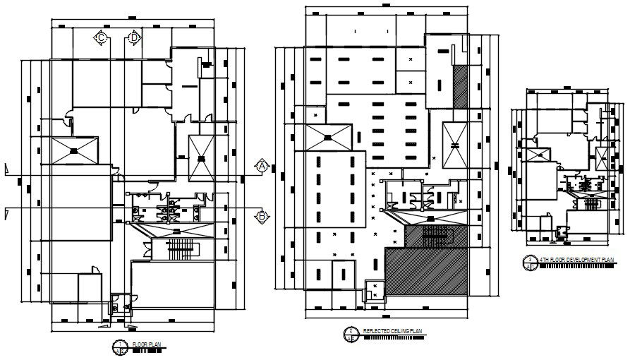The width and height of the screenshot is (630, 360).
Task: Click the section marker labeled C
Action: [101, 37]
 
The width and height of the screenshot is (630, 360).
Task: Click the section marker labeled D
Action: [133, 37]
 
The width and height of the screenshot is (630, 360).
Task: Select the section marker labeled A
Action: [262, 167]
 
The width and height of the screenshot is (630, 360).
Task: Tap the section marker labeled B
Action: [262, 216]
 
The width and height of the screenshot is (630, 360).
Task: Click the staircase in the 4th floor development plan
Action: [590, 204]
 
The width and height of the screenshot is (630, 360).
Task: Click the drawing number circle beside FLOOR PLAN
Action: [120, 345]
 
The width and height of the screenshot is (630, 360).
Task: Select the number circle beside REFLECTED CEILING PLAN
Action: [350, 332]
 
